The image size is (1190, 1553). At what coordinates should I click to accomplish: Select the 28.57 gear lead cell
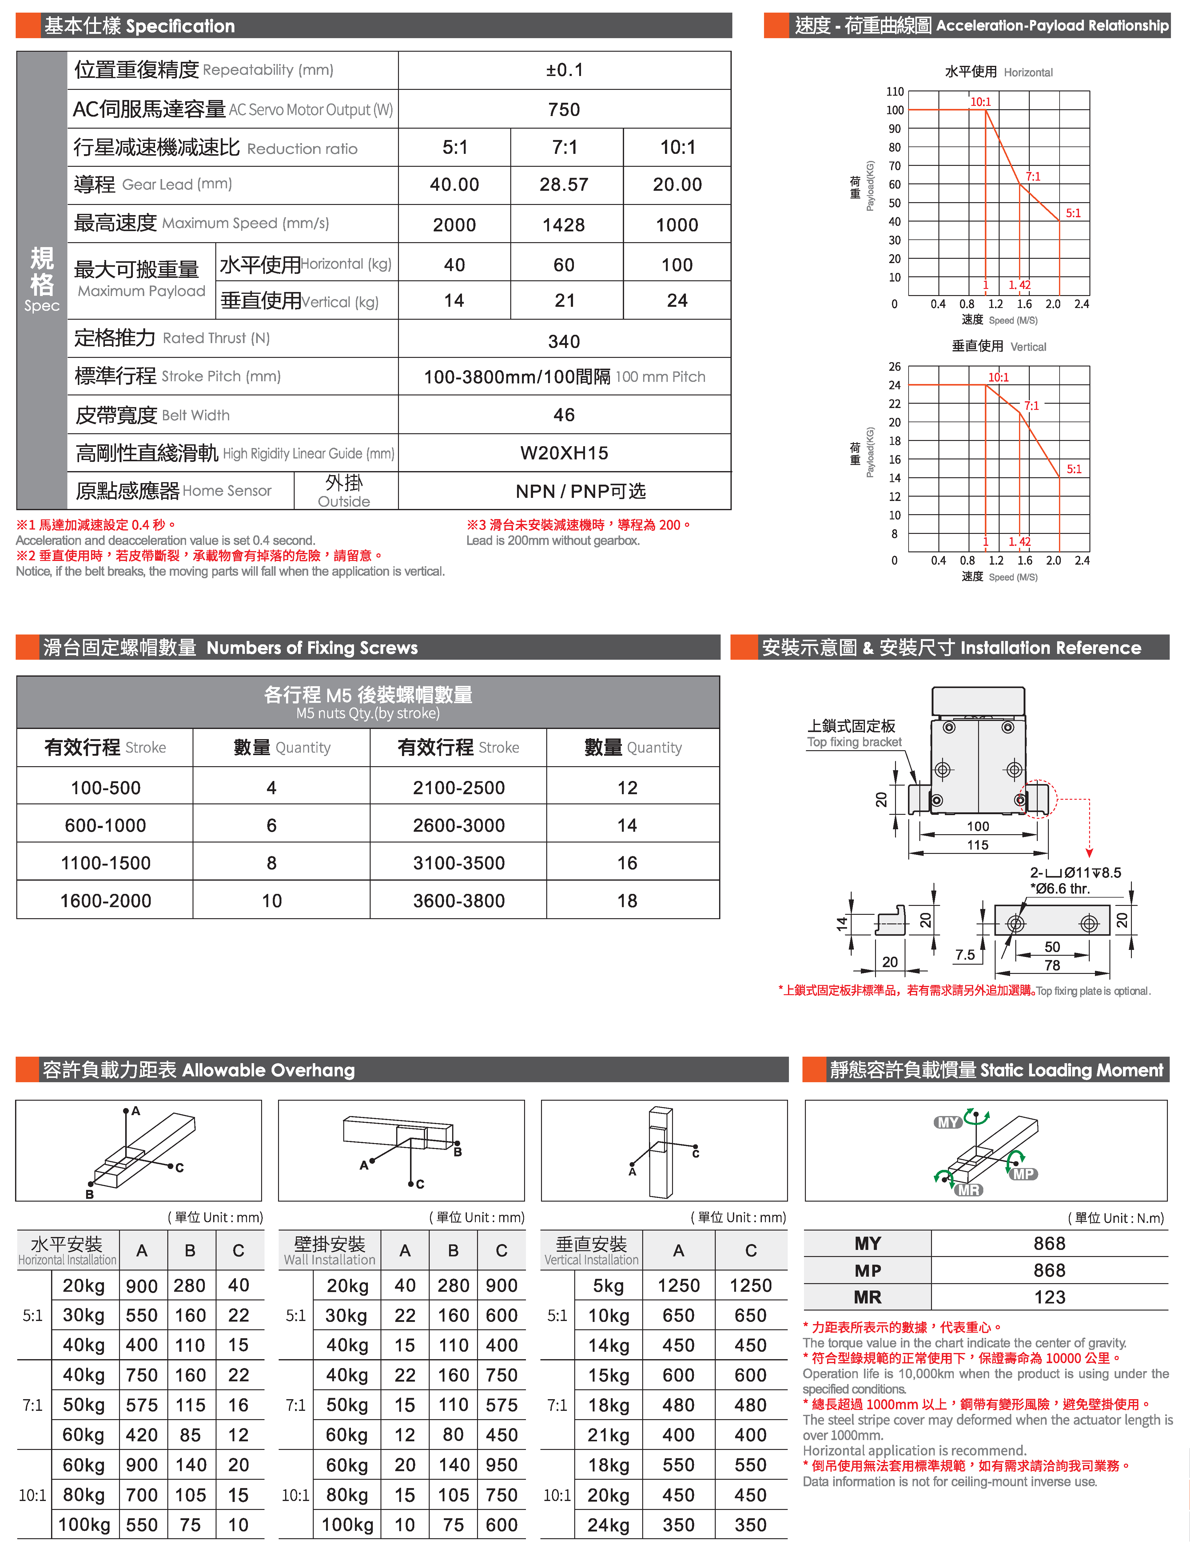pos(564,185)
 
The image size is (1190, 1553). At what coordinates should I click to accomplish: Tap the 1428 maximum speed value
pos(564,225)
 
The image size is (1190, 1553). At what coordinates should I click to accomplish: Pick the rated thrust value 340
pos(564,342)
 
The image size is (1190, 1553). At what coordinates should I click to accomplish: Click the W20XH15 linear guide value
pos(564,454)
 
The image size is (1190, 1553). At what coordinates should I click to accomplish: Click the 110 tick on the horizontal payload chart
pos(895,91)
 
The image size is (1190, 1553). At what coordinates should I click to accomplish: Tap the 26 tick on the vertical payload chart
pos(895,366)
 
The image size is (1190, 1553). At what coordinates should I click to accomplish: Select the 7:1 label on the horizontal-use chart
pos(1033,176)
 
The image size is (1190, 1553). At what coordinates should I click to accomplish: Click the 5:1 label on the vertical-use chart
pos(1074,469)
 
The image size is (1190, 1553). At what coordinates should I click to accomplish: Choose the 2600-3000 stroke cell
pos(459,825)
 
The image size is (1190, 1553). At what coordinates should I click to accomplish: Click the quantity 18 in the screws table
pos(627,901)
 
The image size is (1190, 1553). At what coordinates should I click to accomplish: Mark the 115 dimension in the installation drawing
pos(977,845)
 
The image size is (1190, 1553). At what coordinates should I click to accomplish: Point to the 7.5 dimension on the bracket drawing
pos(965,955)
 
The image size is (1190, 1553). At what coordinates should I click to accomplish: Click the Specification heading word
pos(180,26)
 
